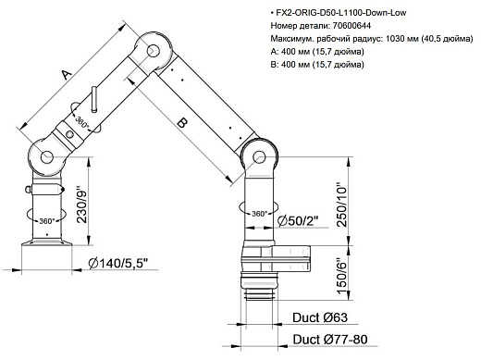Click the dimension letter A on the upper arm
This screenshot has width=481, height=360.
pos(66,74)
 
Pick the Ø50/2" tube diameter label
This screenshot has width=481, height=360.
pos(297,218)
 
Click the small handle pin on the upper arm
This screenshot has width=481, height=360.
pos(94,99)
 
